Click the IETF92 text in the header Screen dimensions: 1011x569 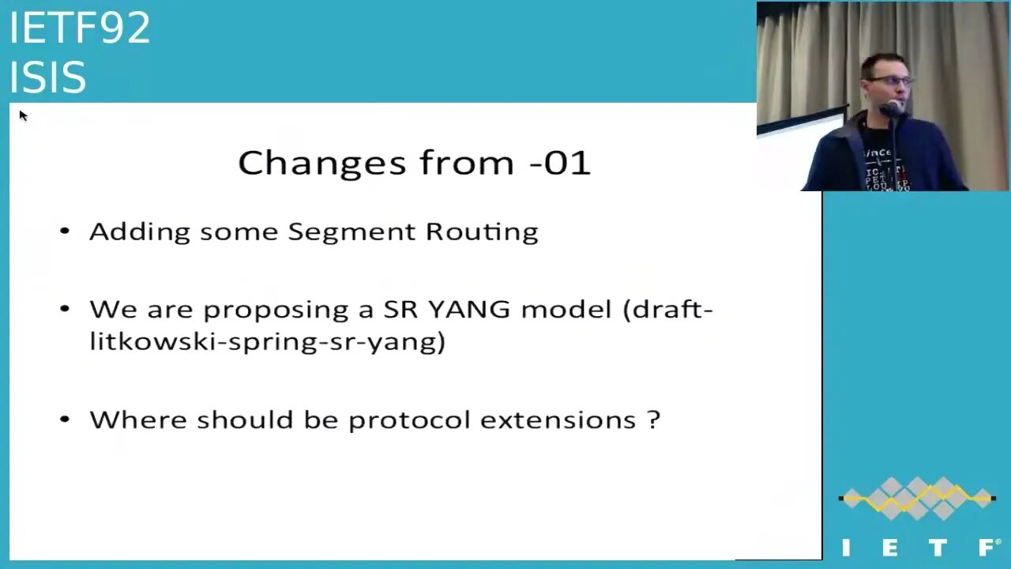80,28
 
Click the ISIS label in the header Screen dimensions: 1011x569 47,77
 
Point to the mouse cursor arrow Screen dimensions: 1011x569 24,116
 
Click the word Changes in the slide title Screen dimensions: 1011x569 321,164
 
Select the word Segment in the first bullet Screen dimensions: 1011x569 351,232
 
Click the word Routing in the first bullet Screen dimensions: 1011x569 482,232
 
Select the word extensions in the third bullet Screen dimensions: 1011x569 558,420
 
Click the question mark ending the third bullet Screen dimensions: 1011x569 654,420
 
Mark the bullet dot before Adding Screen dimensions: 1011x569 65,232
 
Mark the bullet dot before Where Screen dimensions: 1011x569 65,419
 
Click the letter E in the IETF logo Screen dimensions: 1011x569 889,548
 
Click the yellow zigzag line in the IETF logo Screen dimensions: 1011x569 917,499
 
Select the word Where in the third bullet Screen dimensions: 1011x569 138,420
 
